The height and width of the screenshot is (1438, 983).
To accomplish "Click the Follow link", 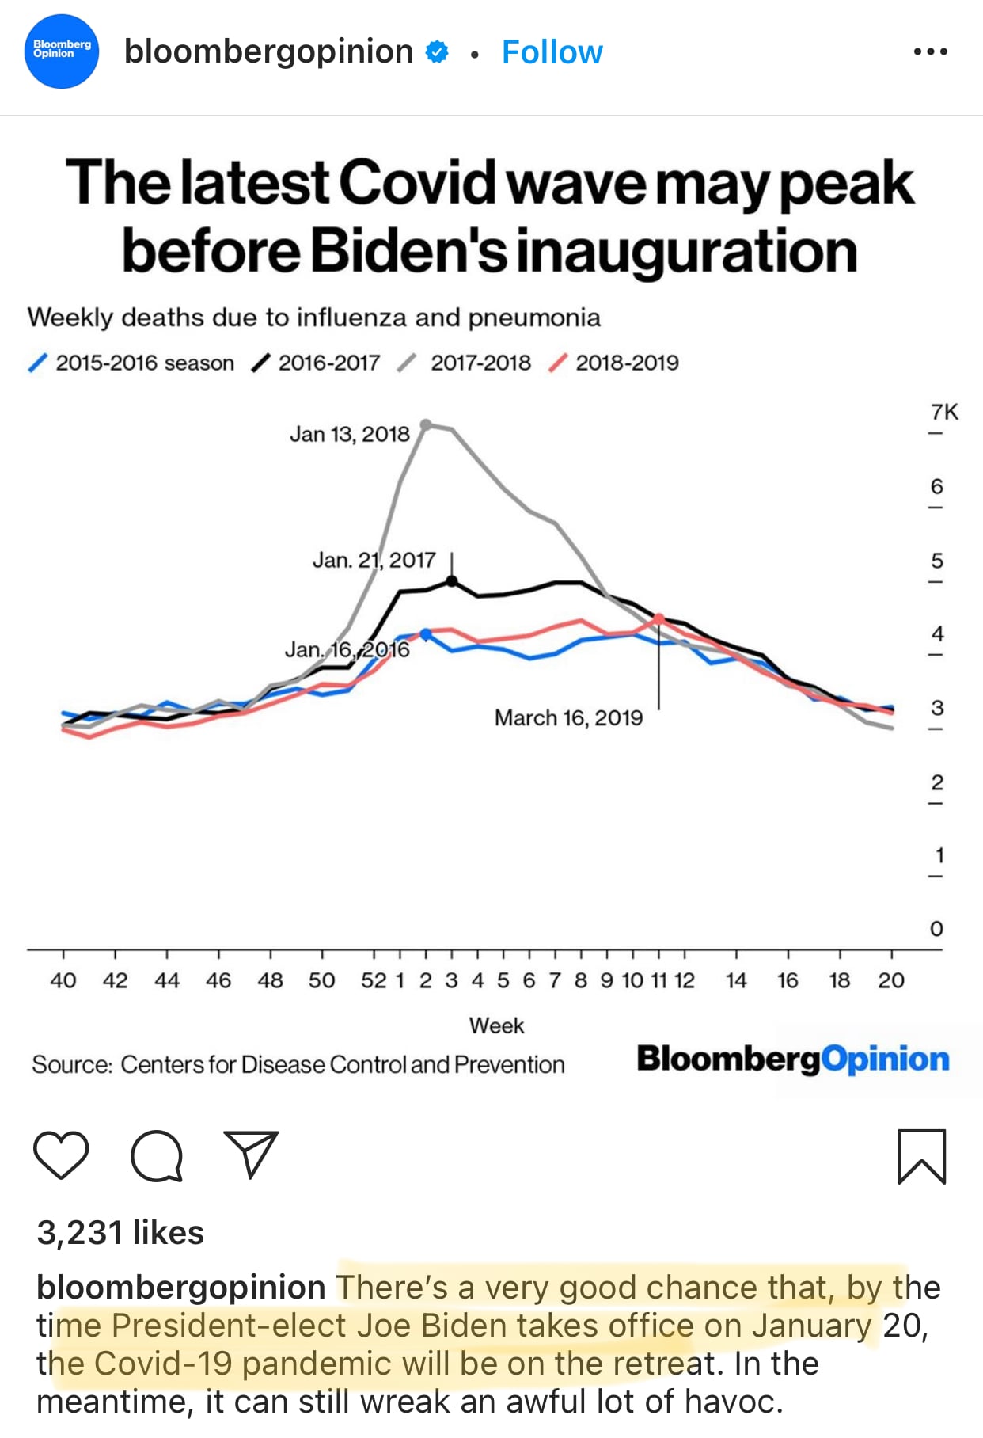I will pyautogui.click(x=552, y=52).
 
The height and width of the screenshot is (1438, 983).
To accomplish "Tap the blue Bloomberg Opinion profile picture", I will pyautogui.click(x=62, y=51).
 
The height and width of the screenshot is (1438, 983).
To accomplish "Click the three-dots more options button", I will pyautogui.click(x=930, y=52).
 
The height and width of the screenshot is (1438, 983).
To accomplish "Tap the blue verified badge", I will pyautogui.click(x=437, y=52).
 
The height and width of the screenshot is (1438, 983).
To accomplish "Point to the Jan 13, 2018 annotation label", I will pyautogui.click(x=349, y=434).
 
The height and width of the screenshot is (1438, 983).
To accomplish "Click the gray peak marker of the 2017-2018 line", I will pyautogui.click(x=426, y=425).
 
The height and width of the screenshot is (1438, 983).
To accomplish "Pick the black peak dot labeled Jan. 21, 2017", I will pyautogui.click(x=452, y=581).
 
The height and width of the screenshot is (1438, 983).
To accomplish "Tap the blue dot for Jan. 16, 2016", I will pyautogui.click(x=426, y=634).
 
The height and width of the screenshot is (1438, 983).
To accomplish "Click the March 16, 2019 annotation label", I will pyautogui.click(x=568, y=717).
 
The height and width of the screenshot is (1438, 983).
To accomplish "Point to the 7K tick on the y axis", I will pyautogui.click(x=943, y=413).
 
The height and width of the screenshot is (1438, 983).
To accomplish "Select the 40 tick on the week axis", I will pyautogui.click(x=63, y=980).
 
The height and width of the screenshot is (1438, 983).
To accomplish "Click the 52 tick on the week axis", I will pyautogui.click(x=374, y=980).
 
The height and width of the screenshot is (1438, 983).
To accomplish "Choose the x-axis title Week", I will pyautogui.click(x=496, y=1025).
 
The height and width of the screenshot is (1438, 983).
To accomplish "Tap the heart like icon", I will pyautogui.click(x=61, y=1156).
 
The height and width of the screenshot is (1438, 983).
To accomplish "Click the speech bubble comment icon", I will pyautogui.click(x=157, y=1156).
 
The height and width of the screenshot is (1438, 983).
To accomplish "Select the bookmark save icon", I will pyautogui.click(x=921, y=1156).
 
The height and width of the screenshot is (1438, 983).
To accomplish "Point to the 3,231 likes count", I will pyautogui.click(x=120, y=1233).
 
